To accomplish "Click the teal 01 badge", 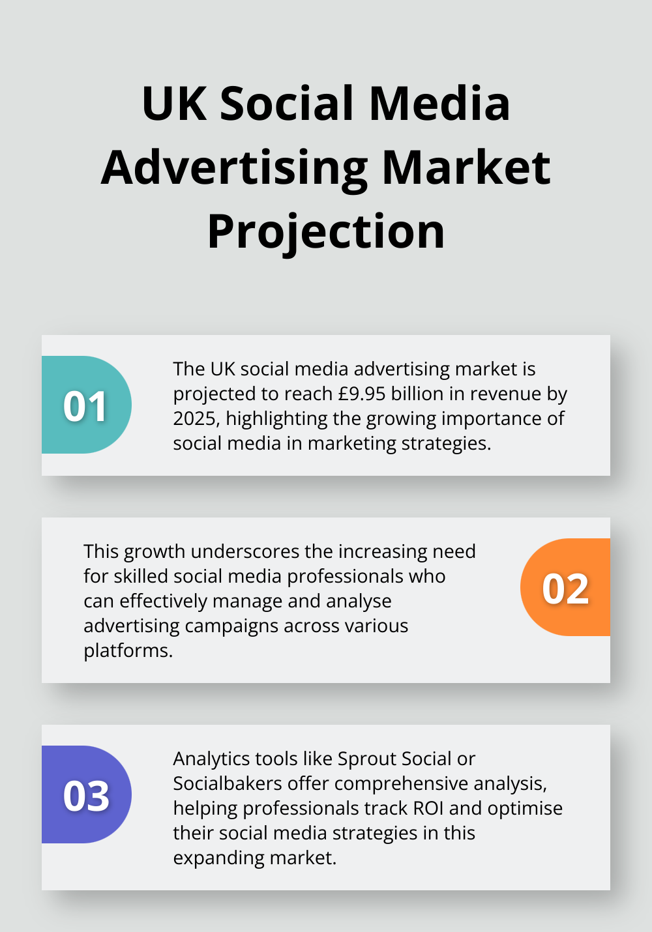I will (x=86, y=405).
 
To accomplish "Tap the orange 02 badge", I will (x=565, y=588).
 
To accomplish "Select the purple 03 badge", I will (x=86, y=795).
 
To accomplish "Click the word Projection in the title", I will (x=326, y=232).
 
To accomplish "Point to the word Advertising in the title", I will (x=235, y=168).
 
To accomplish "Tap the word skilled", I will (x=141, y=576).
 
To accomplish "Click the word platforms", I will (x=128, y=650).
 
